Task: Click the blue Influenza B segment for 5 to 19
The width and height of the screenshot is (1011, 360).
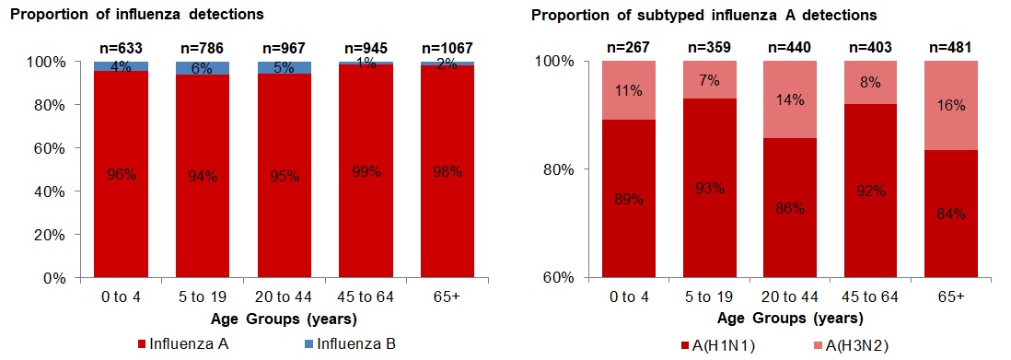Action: tap(202, 69)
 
